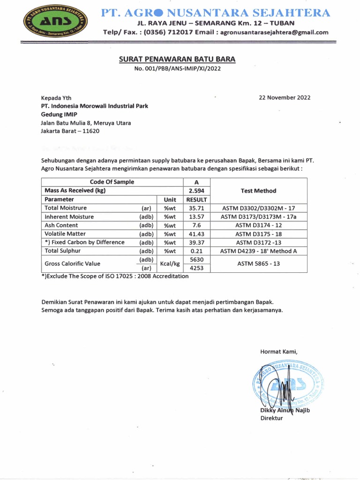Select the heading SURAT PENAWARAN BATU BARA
(177, 59)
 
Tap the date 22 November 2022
(285, 97)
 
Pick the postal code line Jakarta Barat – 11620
(70, 131)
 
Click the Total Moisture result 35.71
(196, 208)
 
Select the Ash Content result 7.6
(196, 225)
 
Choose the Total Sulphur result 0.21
(196, 251)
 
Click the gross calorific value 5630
(196, 260)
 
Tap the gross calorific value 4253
(196, 268)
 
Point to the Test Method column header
(258, 191)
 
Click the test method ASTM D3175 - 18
(258, 234)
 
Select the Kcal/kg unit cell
(170, 264)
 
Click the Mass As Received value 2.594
(196, 191)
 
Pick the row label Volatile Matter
(65, 234)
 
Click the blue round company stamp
(287, 383)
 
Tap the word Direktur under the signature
(272, 419)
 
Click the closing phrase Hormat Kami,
(279, 352)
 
